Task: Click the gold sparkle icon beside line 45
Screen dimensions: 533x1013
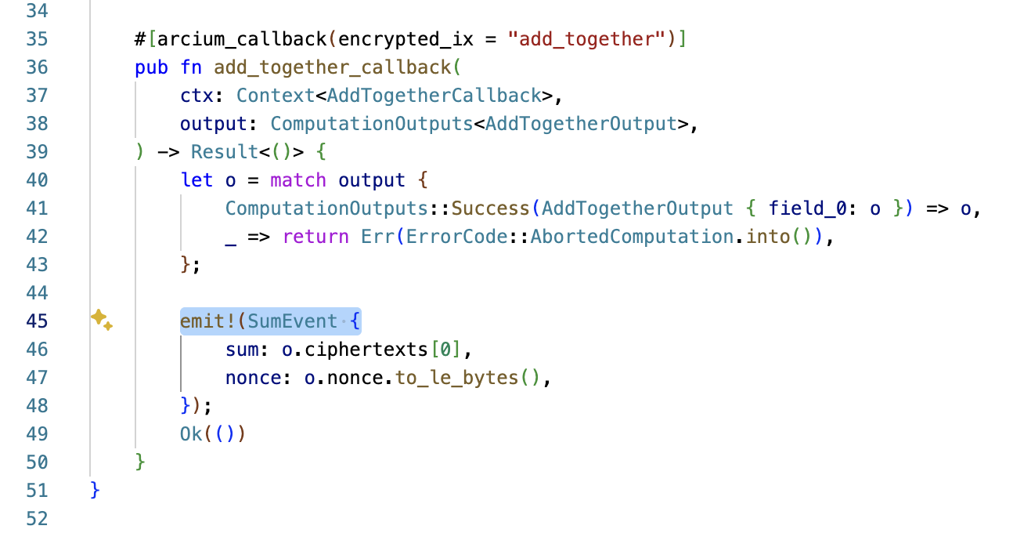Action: coord(101,319)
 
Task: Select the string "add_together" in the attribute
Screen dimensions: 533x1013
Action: coord(593,38)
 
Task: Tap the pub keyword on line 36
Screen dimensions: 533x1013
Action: coord(151,67)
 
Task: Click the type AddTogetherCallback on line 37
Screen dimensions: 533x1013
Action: coord(434,95)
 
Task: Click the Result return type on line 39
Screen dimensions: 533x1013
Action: coord(225,151)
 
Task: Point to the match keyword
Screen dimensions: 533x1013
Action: coord(298,179)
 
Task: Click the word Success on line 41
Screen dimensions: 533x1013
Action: coord(491,208)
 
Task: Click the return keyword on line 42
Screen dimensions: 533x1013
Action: coord(315,236)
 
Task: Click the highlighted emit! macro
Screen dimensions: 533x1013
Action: coord(207,321)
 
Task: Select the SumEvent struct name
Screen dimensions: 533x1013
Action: coord(293,321)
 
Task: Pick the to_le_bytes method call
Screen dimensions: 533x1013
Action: coord(456,377)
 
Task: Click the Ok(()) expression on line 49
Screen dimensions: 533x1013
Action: coord(212,433)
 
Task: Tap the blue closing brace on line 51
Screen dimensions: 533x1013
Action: coord(96,490)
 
